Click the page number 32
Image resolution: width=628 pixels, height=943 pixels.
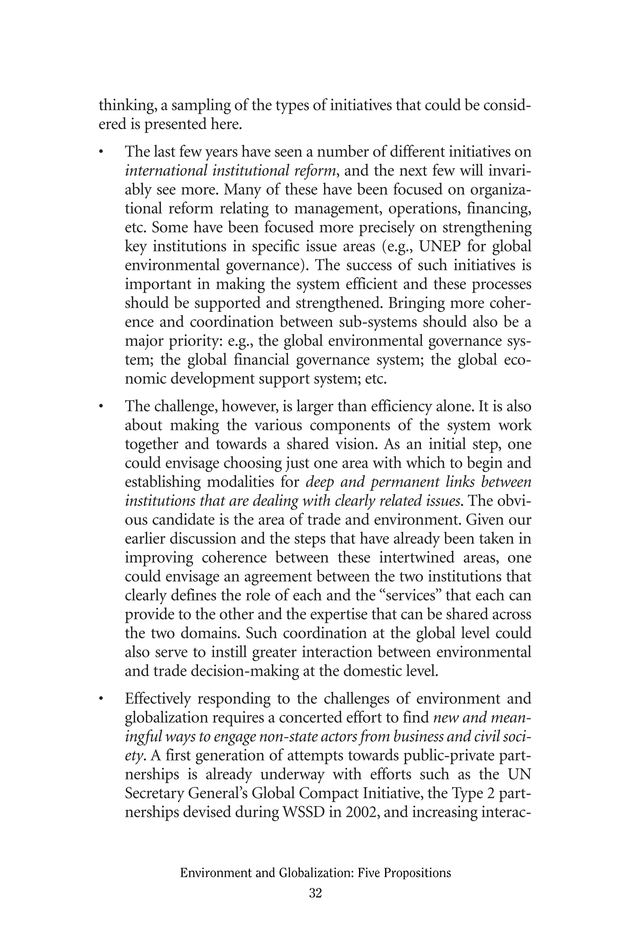(x=315, y=893)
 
